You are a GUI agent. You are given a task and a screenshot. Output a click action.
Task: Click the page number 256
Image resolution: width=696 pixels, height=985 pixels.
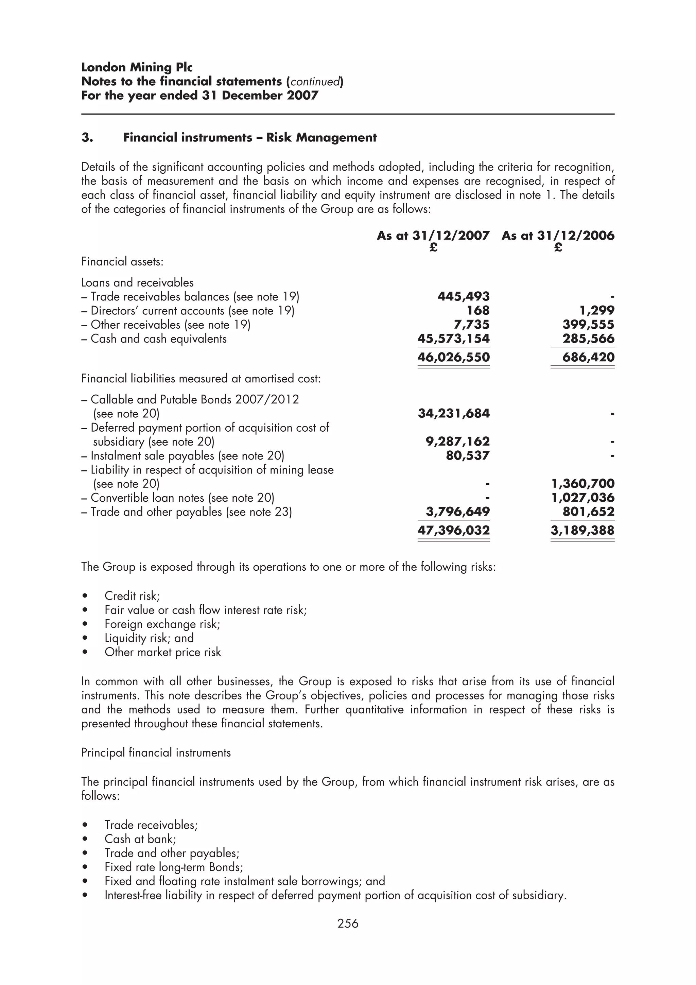[x=347, y=923]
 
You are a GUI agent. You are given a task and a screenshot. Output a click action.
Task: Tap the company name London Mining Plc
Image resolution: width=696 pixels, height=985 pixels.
[x=137, y=67]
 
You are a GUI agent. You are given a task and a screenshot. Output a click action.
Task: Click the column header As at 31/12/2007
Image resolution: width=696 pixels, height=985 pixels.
[x=433, y=236]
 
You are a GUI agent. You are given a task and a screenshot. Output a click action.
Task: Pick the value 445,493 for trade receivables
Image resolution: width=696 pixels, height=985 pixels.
[x=463, y=296]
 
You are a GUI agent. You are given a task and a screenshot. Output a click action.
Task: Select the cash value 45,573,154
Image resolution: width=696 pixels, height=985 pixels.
[x=453, y=339]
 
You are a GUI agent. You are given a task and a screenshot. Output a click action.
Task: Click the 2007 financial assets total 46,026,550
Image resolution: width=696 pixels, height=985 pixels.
[x=453, y=357]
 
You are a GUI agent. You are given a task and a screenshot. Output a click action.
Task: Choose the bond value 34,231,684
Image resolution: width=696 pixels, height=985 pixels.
[x=453, y=414]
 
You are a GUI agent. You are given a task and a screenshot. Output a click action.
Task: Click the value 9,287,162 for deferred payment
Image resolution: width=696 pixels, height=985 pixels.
[x=457, y=442]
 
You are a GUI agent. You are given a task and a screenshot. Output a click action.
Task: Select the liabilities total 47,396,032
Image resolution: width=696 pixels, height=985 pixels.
[x=453, y=530]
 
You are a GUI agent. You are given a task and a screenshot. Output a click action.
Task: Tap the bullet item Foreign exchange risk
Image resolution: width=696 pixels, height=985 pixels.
[x=162, y=624]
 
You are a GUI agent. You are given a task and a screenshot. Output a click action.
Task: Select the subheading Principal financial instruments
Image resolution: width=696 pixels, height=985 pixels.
[x=156, y=753]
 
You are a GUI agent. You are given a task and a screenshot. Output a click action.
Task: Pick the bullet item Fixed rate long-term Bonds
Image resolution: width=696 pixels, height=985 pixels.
[x=174, y=867]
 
